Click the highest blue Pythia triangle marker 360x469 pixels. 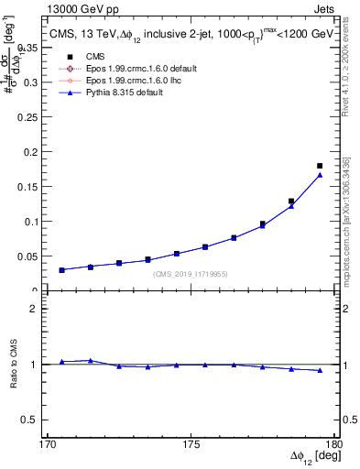pos(320,175)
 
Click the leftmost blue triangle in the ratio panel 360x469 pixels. pos(62,362)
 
